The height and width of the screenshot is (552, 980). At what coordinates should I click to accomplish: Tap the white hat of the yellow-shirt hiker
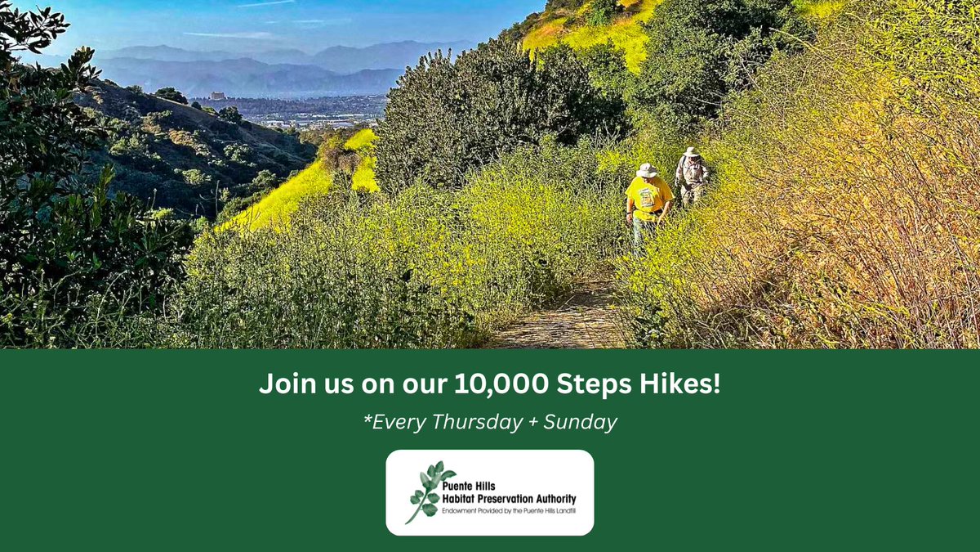click(648, 170)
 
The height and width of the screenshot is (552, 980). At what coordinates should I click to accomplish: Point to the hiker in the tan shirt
click(693, 176)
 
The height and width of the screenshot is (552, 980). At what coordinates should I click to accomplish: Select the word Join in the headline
click(282, 384)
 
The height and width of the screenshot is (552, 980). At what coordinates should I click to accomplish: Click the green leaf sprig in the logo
click(429, 491)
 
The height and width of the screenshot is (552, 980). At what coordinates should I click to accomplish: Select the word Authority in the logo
click(550, 498)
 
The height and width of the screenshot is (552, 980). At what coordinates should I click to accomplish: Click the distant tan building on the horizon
click(217, 96)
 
